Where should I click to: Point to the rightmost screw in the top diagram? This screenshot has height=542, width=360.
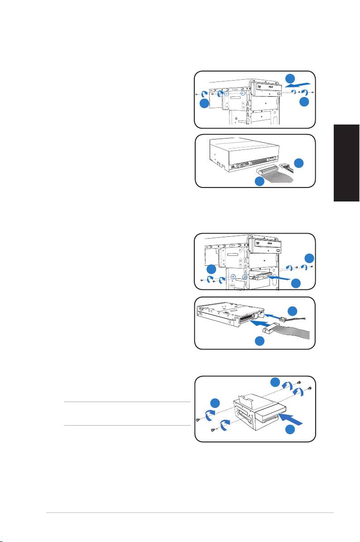[313, 91]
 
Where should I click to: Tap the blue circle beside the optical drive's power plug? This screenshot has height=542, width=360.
[299, 163]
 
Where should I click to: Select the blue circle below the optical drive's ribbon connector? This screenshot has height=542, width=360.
[259, 182]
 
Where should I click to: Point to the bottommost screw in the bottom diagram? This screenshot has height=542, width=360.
[213, 431]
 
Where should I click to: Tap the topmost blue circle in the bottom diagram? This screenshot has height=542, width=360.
[275, 381]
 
